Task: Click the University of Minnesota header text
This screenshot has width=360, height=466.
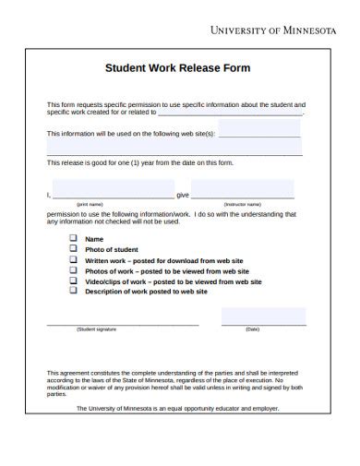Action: [x=273, y=30]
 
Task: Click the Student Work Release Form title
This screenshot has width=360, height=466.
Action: [x=178, y=67]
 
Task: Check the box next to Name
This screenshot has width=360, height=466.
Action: [x=73, y=238]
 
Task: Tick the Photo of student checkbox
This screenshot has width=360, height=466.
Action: [x=73, y=248]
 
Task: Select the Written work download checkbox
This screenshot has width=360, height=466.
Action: [x=73, y=259]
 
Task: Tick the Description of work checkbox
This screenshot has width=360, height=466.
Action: [x=73, y=291]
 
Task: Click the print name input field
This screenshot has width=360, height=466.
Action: [x=112, y=192]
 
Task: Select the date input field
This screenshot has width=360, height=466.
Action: [x=252, y=317]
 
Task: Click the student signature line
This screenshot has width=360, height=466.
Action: [x=123, y=324]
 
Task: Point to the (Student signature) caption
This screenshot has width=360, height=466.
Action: [x=97, y=329]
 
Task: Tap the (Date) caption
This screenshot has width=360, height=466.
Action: [x=252, y=329]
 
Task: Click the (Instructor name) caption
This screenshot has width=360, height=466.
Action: [x=243, y=204]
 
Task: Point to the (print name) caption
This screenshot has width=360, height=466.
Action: [x=90, y=204]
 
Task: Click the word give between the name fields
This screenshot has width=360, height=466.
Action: [x=183, y=195]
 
